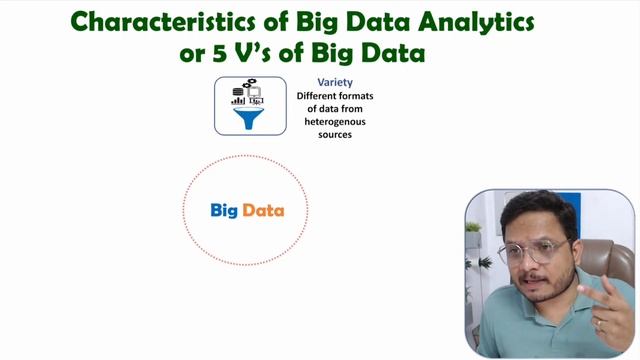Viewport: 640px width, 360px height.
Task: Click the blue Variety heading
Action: pyautogui.click(x=334, y=82)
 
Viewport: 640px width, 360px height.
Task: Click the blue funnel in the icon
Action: pyautogui.click(x=244, y=119)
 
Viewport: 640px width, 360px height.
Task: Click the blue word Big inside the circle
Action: pyautogui.click(x=223, y=211)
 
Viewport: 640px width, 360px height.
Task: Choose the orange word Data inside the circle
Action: pyautogui.click(x=263, y=211)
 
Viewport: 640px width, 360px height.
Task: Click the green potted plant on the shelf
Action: pyautogui.click(x=473, y=232)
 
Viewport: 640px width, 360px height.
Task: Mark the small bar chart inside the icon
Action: pyautogui.click(x=238, y=100)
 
